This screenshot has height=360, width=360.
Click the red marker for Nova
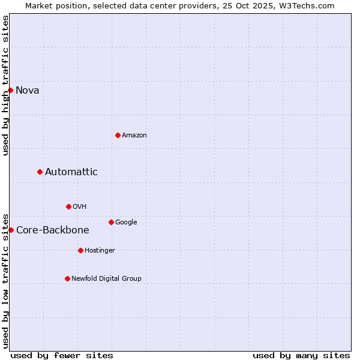[11, 90]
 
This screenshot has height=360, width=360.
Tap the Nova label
[28, 91]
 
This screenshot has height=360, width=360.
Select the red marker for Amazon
[118, 135]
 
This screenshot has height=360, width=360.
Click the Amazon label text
[134, 136]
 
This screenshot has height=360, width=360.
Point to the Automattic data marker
[40, 172]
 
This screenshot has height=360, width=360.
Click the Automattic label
[71, 172]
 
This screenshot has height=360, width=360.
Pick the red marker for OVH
[68, 206]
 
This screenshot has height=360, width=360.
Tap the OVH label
[80, 207]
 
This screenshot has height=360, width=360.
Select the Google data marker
[111, 222]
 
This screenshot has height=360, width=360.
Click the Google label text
[126, 223]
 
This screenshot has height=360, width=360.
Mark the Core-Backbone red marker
[11, 230]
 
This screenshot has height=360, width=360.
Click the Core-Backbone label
[53, 230]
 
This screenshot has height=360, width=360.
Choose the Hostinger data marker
[80, 250]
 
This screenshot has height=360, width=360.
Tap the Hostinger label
[100, 251]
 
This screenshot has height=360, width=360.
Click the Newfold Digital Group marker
[67, 278]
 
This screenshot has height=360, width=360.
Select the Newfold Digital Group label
[106, 279]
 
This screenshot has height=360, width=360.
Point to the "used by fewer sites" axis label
[62, 355]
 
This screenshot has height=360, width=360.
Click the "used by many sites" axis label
[301, 355]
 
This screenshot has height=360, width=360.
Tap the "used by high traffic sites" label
[5, 85]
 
